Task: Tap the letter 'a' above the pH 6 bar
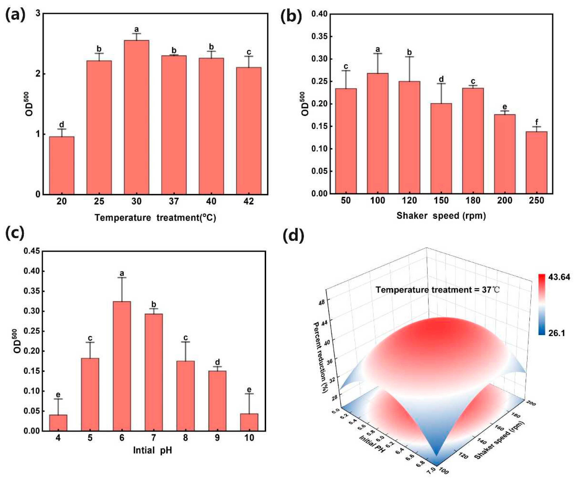tap(122, 273)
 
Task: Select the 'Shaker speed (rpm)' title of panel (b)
tap(441, 216)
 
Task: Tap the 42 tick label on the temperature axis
tap(249, 201)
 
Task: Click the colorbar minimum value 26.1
tap(557, 333)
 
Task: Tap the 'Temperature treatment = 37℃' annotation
tap(438, 290)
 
